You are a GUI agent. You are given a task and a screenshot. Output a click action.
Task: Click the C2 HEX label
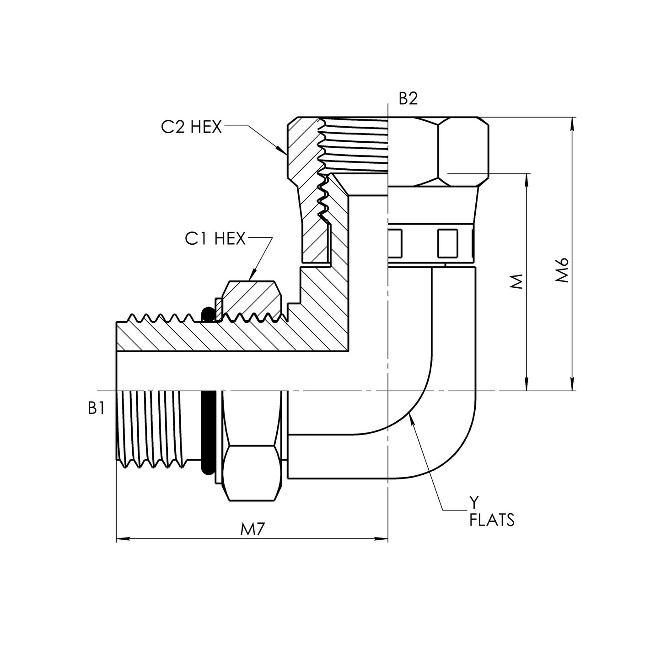191,127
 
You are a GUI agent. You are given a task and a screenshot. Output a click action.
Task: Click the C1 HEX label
215,238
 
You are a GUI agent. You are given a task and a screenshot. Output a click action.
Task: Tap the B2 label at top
408,99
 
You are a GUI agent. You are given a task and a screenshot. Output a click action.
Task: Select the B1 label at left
97,408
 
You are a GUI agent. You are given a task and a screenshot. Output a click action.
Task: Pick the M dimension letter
516,282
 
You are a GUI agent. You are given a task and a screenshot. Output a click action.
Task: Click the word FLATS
492,520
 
